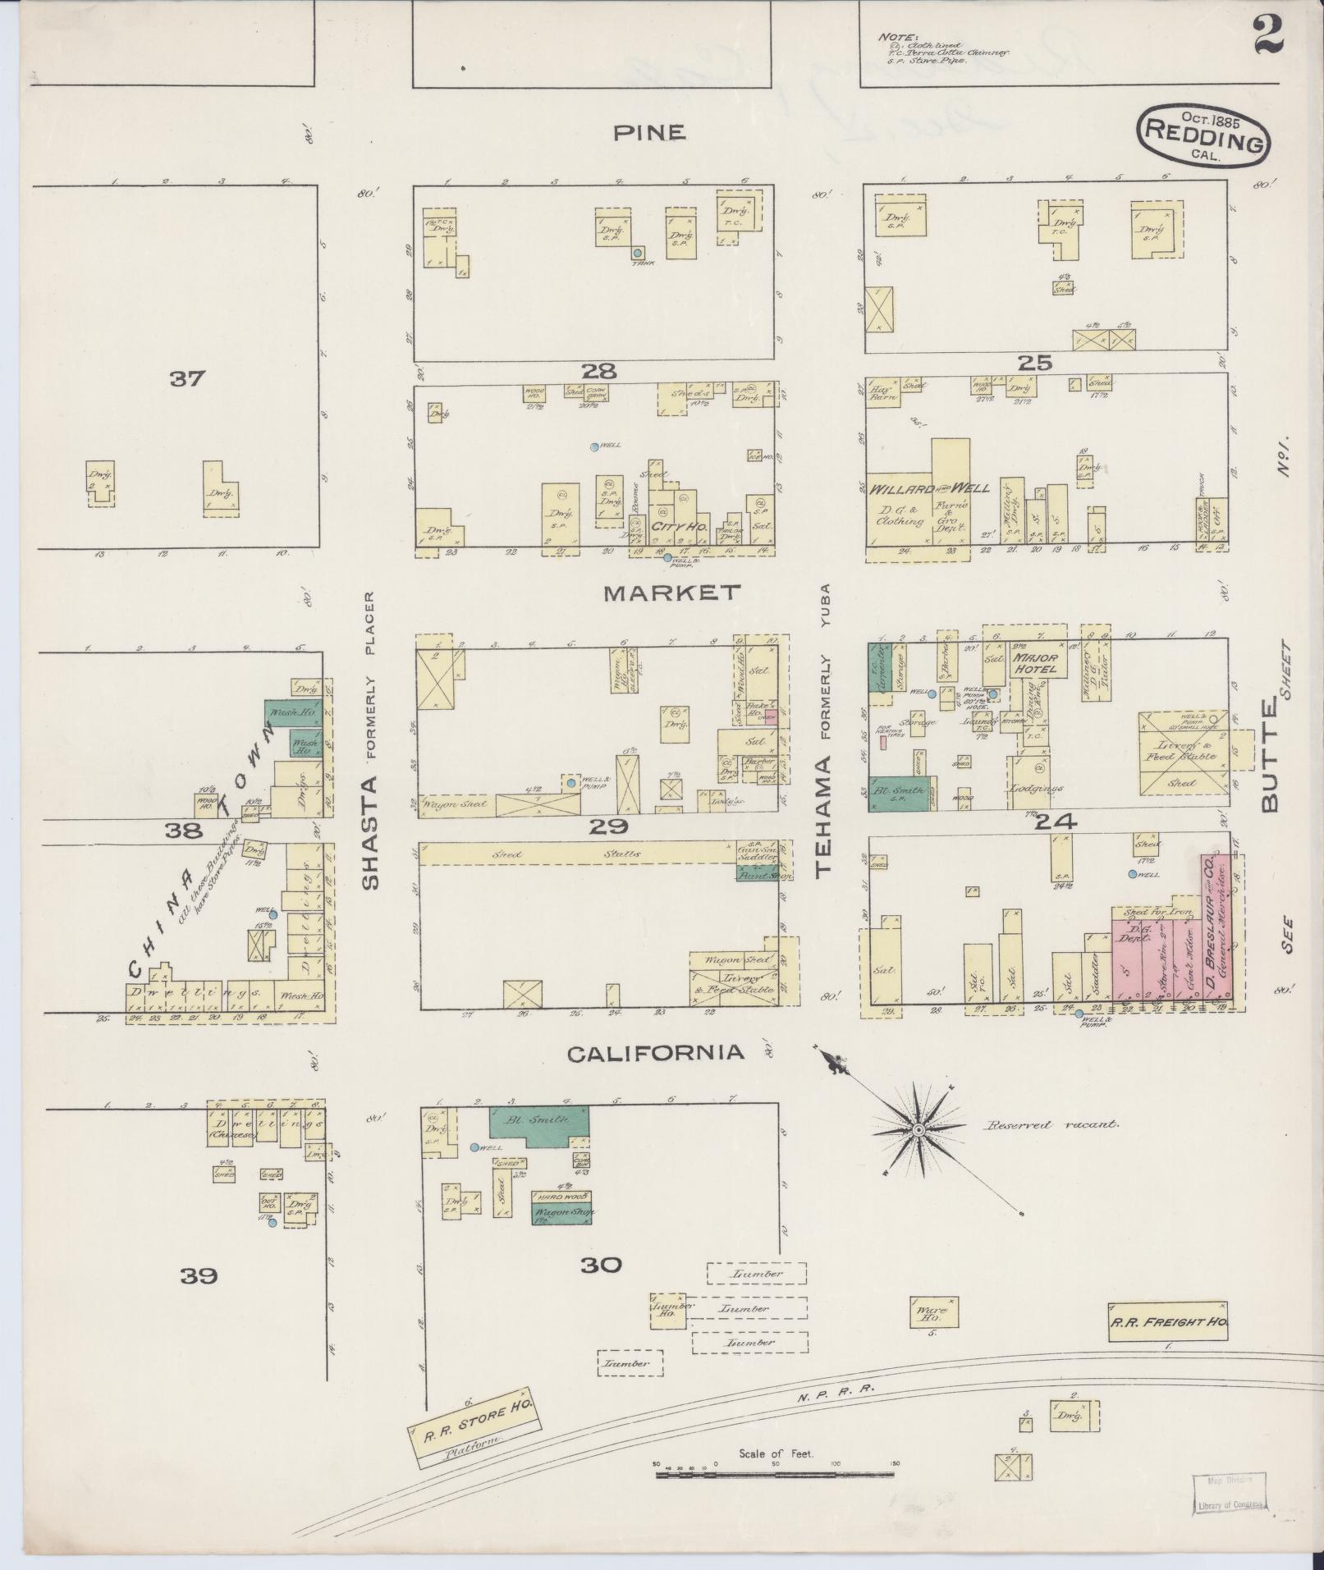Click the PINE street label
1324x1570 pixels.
(649, 132)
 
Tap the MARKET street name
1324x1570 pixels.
(672, 593)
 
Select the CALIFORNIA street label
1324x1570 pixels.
(657, 1053)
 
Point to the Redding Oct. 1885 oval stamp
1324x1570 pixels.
(1203, 135)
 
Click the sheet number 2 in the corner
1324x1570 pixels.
(1268, 34)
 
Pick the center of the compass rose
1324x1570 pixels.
(919, 1130)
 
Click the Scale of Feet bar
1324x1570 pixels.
(776, 1475)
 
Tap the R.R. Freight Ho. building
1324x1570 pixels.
(1167, 1321)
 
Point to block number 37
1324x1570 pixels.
(188, 379)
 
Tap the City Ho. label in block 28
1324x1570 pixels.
(680, 526)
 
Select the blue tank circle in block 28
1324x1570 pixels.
(637, 254)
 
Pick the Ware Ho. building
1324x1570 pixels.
(933, 1311)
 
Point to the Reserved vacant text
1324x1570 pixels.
(1051, 1124)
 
